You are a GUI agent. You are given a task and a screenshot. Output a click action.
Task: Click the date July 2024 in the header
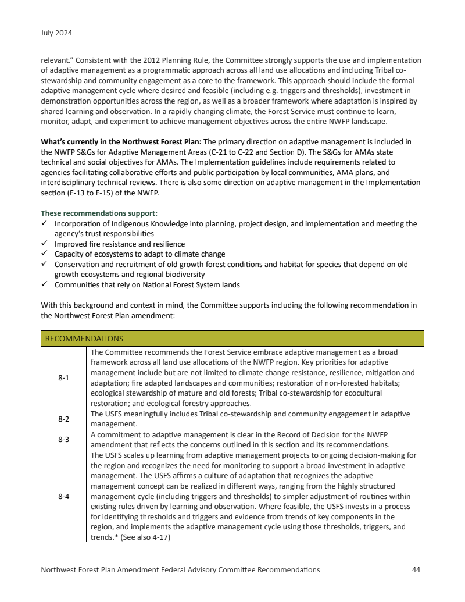pyautogui.click(x=56, y=33)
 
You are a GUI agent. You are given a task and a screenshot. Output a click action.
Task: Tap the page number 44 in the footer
pyautogui.click(x=416, y=569)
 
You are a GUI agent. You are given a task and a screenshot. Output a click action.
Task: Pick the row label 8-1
pyautogui.click(x=63, y=377)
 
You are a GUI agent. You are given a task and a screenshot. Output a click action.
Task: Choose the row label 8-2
pyautogui.click(x=63, y=418)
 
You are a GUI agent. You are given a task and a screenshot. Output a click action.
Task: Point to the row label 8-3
pyautogui.click(x=63, y=440)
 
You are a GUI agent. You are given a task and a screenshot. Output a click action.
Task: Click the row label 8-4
pyautogui.click(x=63, y=496)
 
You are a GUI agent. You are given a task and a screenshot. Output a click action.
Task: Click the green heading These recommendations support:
pyautogui.click(x=99, y=213)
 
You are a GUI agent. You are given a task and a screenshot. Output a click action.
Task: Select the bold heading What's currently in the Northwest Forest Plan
pyautogui.click(x=121, y=141)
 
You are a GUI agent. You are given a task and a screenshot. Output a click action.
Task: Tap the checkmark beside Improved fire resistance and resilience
pyautogui.click(x=45, y=244)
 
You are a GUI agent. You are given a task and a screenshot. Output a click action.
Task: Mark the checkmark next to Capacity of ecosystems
pyautogui.click(x=45, y=254)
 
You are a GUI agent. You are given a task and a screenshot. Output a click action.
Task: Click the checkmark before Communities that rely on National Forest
pyautogui.click(x=45, y=284)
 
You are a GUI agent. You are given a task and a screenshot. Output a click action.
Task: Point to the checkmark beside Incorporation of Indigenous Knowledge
pyautogui.click(x=45, y=223)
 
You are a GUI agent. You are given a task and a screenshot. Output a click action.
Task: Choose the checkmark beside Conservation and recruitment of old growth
pyautogui.click(x=45, y=264)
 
